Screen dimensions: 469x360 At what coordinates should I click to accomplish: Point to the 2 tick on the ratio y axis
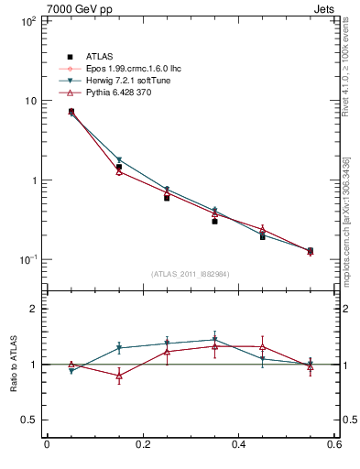pos(30,309)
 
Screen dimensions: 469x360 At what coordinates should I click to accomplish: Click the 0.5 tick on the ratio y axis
pos(26,420)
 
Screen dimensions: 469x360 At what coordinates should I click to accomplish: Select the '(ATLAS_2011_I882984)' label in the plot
pos(190,274)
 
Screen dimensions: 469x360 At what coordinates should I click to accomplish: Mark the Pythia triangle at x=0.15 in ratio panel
pos(119,376)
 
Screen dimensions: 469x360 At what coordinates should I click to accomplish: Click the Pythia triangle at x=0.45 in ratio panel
pos(263,347)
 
